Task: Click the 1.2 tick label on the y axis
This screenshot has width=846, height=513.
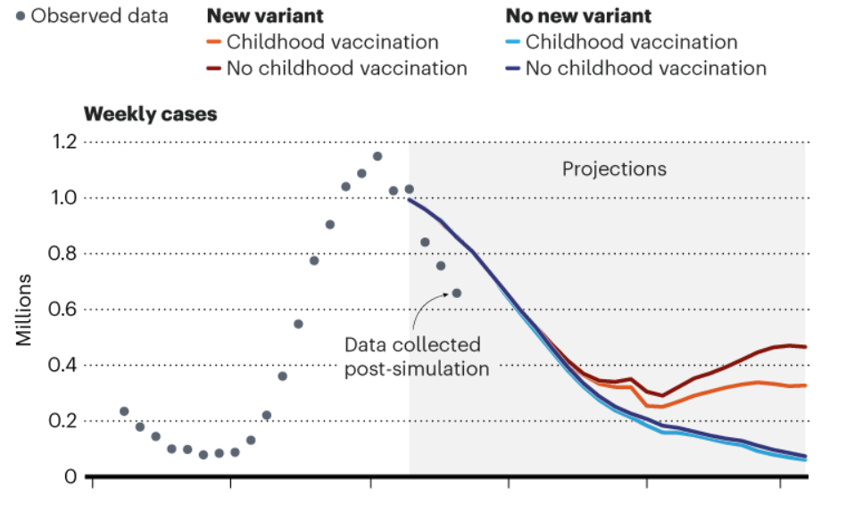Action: click(x=62, y=142)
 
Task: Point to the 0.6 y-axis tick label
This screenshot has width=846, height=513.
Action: click(x=62, y=310)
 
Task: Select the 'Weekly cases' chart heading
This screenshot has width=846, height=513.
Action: click(x=150, y=115)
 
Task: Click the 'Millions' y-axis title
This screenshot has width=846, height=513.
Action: click(x=25, y=309)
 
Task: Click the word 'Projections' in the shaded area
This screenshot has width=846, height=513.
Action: click(x=614, y=169)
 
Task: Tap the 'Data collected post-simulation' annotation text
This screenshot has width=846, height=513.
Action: click(x=417, y=356)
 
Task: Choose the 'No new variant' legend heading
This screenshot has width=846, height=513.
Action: click(x=578, y=16)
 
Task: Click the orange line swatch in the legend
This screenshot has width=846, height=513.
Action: click(x=214, y=42)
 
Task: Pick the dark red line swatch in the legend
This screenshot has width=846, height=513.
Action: click(x=214, y=69)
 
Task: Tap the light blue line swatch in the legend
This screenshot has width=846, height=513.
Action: click(x=513, y=42)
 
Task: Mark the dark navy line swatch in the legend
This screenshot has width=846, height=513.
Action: click(x=513, y=69)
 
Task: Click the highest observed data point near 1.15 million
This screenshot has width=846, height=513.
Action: click(x=377, y=156)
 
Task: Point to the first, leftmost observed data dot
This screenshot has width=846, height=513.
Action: click(x=124, y=411)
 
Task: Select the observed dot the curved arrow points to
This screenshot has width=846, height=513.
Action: click(x=457, y=293)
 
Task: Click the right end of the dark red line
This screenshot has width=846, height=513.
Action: click(x=805, y=347)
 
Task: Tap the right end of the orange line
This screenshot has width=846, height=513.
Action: click(x=805, y=385)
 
